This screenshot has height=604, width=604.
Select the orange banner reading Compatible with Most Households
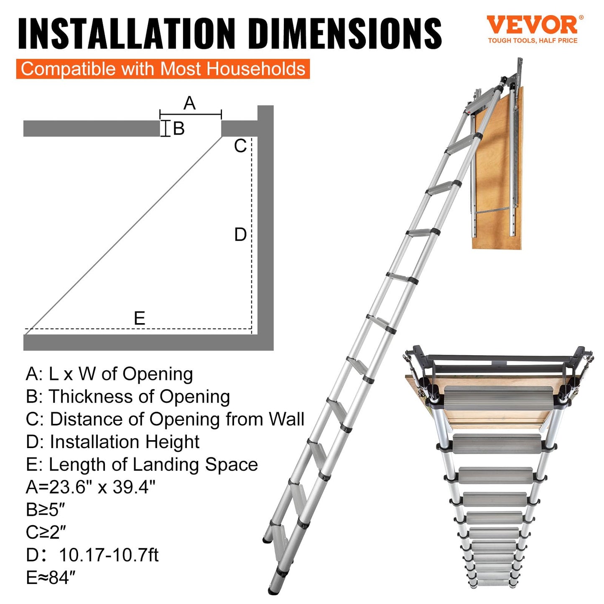pos(163,69)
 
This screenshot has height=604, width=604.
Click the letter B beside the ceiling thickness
pos(178,129)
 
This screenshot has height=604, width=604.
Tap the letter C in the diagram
pos(240,146)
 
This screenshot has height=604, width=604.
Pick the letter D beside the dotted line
pos(240,235)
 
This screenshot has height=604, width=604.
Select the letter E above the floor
pos(140,319)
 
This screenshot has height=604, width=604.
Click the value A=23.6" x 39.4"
pos(90,487)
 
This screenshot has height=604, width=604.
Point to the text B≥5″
pos(46,510)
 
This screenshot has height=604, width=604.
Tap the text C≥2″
pos(46,533)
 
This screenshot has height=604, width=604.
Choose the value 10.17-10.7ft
pos(109,555)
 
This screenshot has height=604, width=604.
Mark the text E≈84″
pos(51,578)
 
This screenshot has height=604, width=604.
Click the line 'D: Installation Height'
pos(112,442)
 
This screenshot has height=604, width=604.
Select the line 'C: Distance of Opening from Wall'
pos(165,419)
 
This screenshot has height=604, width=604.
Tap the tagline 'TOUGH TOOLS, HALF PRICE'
pos(533,41)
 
